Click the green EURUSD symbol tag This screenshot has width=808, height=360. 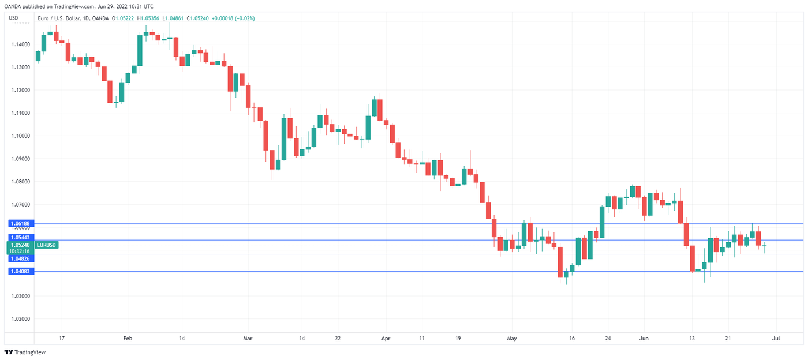click(x=46, y=245)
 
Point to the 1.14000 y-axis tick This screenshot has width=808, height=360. click(x=20, y=44)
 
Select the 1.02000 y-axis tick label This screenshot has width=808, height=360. click(x=20, y=319)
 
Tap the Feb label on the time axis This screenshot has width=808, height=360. click(x=128, y=338)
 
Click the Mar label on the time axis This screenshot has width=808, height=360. click(x=248, y=338)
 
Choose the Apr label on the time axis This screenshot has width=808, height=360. click(x=386, y=338)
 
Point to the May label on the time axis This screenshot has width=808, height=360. click(x=511, y=338)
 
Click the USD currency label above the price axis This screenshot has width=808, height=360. click(x=13, y=18)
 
